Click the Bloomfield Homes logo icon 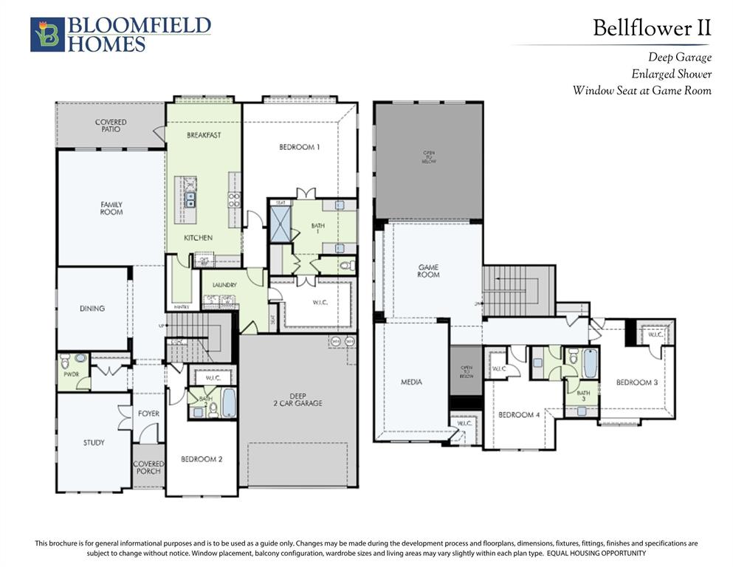coord(47,35)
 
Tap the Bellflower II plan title coord(652,28)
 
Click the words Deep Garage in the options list coord(679,57)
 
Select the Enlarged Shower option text coord(671,74)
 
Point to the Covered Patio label coord(111,126)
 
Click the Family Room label coord(111,208)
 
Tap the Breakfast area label coord(204,135)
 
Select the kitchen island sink coord(190,198)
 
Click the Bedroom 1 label coord(299,147)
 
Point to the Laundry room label coord(224,284)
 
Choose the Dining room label coord(92,309)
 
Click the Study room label coord(93,443)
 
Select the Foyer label coord(148,413)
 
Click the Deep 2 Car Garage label coord(297,399)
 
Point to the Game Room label coord(428,270)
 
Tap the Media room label coord(411,382)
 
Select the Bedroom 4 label coord(519,415)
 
